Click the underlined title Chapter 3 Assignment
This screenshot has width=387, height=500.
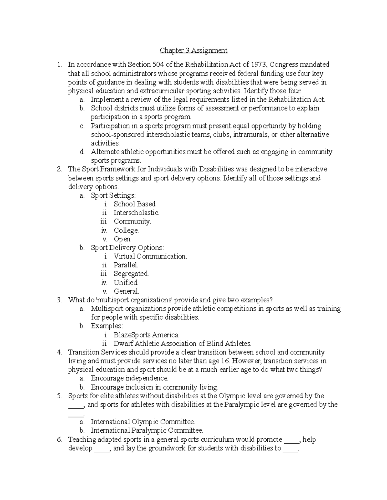[193, 50]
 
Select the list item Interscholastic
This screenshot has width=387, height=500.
[136, 213]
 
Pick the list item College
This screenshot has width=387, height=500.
[126, 231]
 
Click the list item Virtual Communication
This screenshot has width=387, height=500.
[150, 257]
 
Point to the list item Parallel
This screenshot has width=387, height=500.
[125, 265]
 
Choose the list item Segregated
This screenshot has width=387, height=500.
[131, 274]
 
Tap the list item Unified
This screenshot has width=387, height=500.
[126, 283]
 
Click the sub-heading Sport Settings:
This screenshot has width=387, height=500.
[113, 195]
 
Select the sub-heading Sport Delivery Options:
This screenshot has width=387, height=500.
[127, 248]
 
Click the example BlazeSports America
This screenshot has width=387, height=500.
[146, 335]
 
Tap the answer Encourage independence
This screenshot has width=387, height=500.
[129, 378]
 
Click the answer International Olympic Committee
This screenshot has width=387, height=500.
[143, 422]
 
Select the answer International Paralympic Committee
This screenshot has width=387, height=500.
[146, 430]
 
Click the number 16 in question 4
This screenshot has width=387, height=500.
[226, 361]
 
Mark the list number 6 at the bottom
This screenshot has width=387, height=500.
[59, 439]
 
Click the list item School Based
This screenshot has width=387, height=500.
[135, 204]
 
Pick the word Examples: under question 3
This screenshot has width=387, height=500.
[106, 326]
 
